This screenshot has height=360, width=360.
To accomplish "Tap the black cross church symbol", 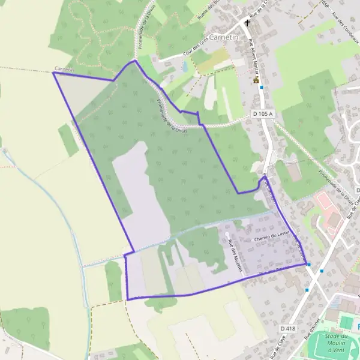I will [247, 23].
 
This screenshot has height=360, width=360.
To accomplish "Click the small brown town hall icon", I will [256, 79].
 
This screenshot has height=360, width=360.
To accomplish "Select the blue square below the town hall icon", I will [262, 88].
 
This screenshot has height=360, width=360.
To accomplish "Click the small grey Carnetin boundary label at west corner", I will [64, 70].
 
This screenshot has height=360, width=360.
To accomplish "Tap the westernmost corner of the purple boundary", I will [54, 73].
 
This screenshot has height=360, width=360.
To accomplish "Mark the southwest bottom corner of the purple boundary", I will [128, 299].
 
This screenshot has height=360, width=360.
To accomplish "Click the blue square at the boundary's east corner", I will [308, 264].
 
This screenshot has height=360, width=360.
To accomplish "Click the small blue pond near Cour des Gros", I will [183, 66].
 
